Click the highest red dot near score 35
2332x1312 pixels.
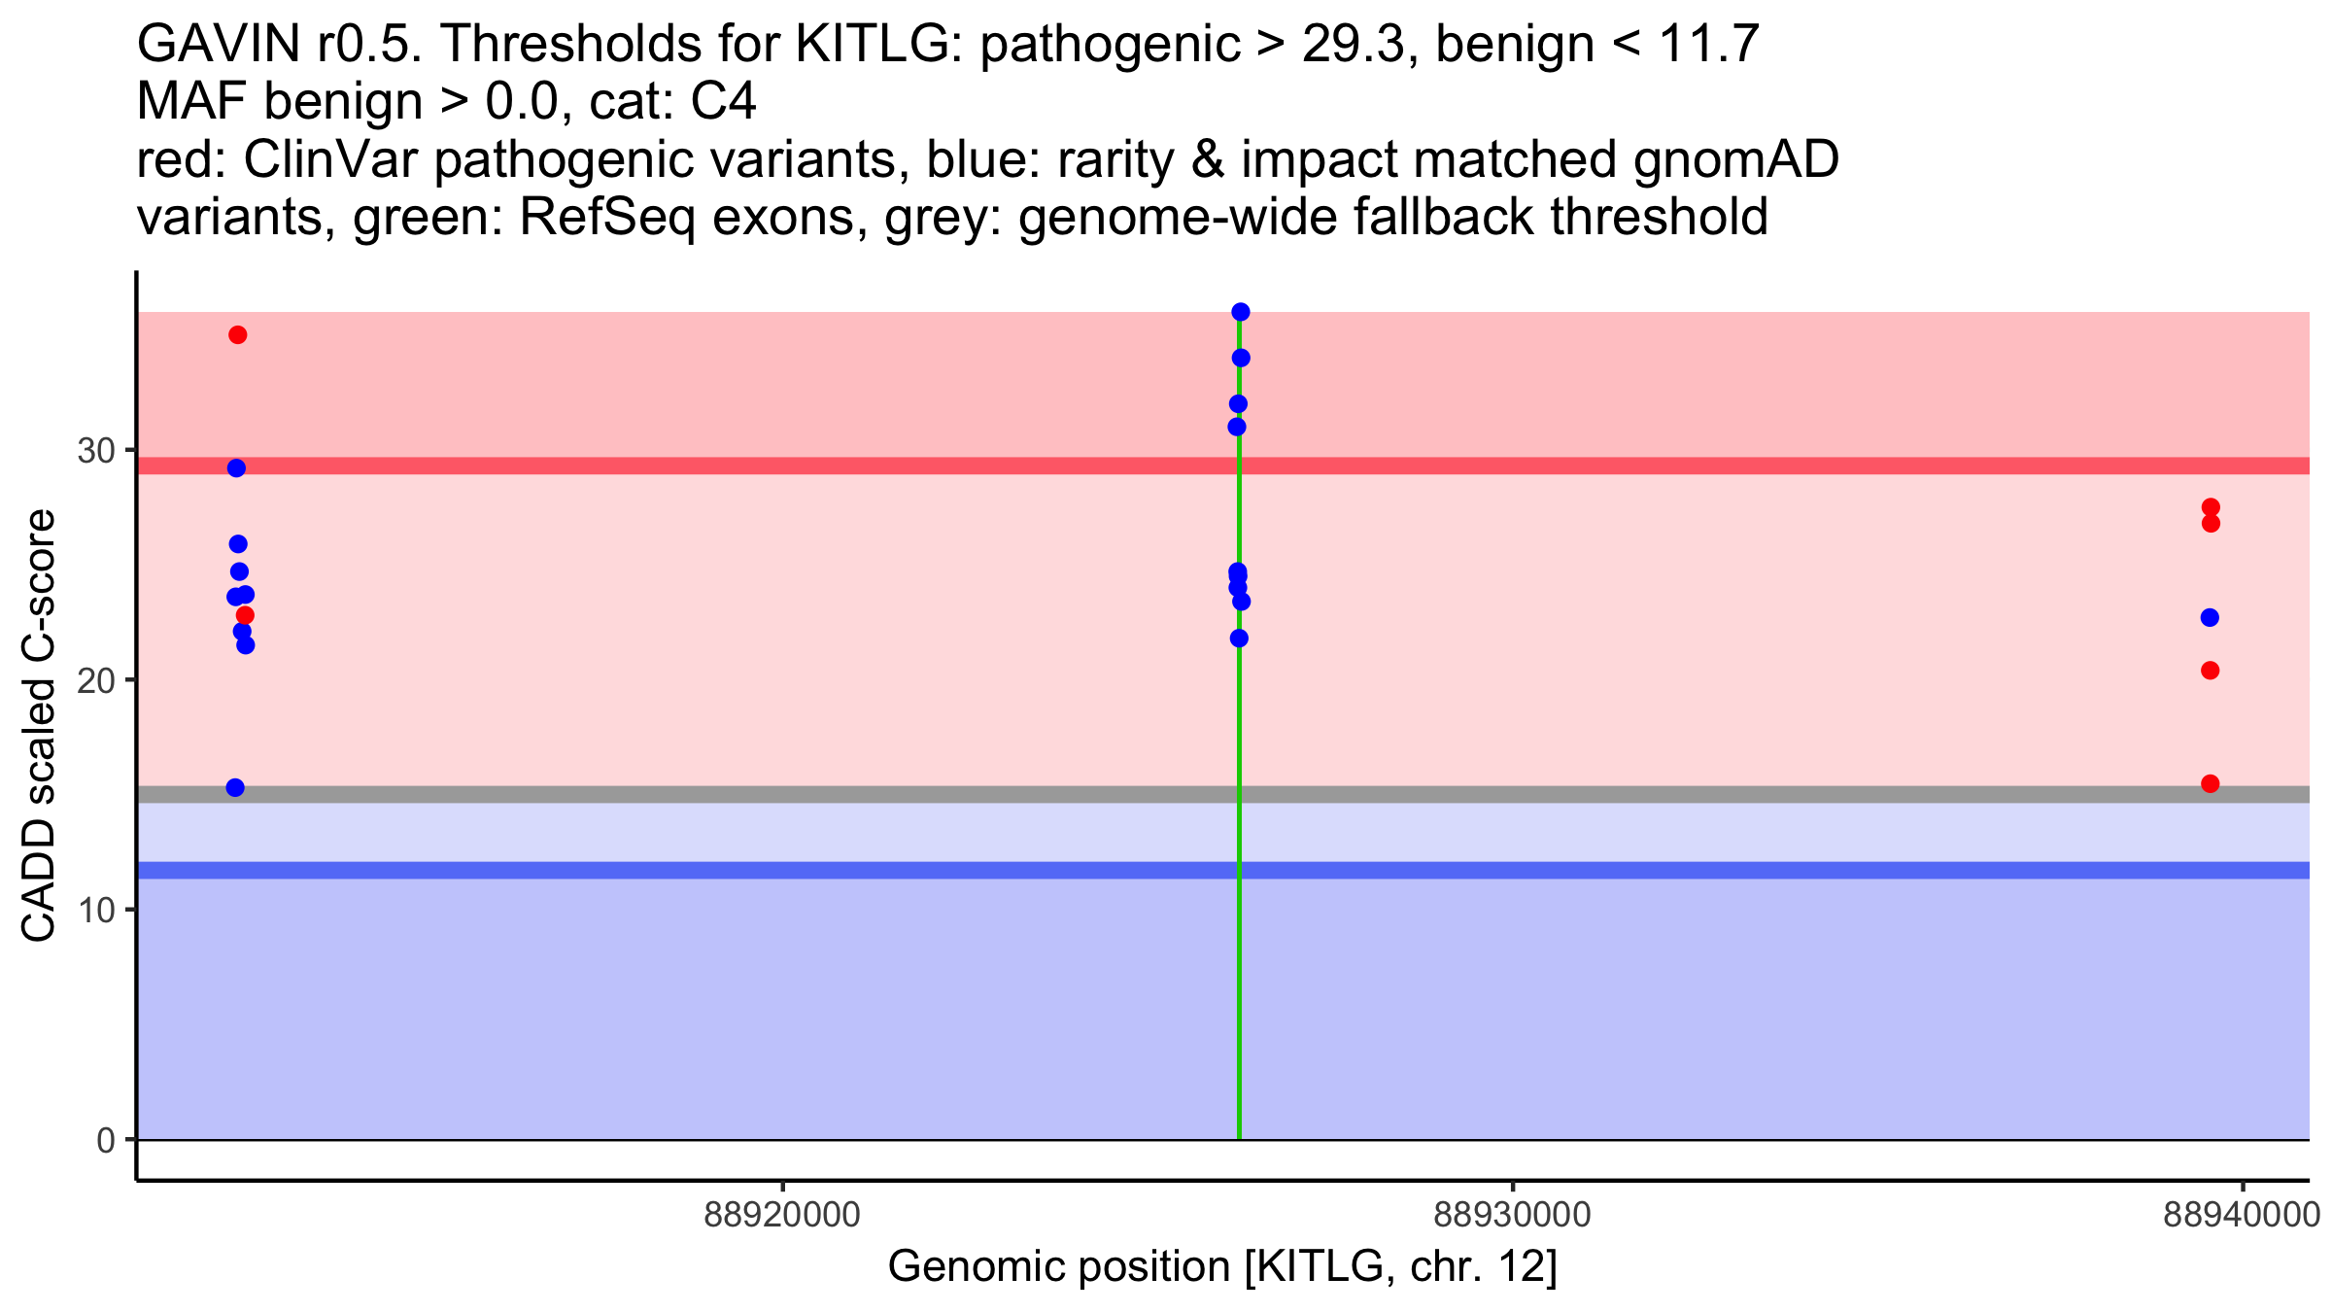(238, 335)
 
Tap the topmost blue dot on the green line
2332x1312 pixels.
(1241, 312)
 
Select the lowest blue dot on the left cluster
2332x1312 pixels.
(235, 787)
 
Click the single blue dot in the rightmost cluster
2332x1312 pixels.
(2210, 617)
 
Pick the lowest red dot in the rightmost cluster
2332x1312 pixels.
(2210, 783)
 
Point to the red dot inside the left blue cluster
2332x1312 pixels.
(245, 615)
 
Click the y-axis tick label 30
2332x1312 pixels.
(96, 451)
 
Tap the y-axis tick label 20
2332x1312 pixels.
(96, 680)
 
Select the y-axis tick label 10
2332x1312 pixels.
(96, 911)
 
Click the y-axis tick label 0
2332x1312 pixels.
(106, 1140)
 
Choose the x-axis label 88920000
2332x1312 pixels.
(782, 1215)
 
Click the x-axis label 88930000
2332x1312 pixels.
(1512, 1215)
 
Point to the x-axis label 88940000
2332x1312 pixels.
(2242, 1215)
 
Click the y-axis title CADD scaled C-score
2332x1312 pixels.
(39, 727)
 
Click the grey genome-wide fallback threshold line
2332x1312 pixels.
(680, 794)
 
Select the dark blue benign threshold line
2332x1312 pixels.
(680, 870)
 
